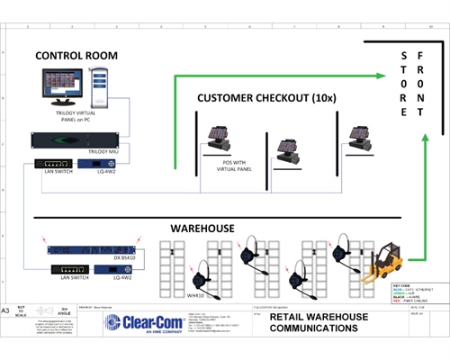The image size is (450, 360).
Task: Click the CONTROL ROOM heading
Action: coord(76,56)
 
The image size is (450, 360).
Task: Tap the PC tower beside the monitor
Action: coord(99,85)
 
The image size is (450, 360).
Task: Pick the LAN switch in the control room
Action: coord(51,164)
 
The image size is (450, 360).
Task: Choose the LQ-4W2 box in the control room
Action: coord(94,164)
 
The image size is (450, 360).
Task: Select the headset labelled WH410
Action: coord(202,271)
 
